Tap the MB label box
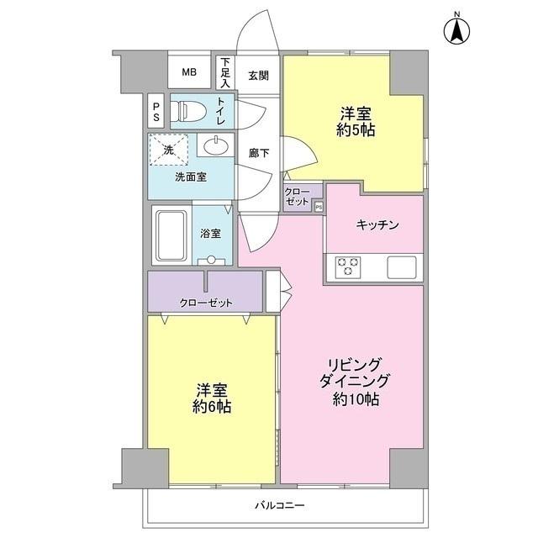pos(190,72)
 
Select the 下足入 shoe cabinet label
pos(224,72)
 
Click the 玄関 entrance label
pos(258,74)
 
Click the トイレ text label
pos(220,111)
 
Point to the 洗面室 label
pos(190,177)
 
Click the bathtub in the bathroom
pos(173,235)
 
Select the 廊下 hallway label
pos(259,154)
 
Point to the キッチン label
pos(377,224)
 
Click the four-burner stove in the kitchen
pos(348,266)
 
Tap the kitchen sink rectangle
pos(402,267)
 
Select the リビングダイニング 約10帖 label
pos(354,379)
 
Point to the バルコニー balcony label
pos(281,505)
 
